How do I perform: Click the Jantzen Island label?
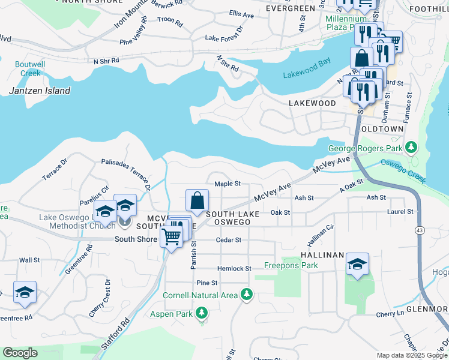[40, 91]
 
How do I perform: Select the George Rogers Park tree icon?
[411, 148]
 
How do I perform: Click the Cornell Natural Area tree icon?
[246, 294]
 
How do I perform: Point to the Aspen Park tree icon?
[202, 313]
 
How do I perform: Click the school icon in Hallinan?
[357, 265]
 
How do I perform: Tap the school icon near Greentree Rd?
[25, 292]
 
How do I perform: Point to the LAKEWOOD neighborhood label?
[312, 103]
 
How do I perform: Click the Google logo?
[20, 353]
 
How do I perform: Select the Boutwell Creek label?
[30, 68]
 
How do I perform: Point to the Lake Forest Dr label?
[223, 38]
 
